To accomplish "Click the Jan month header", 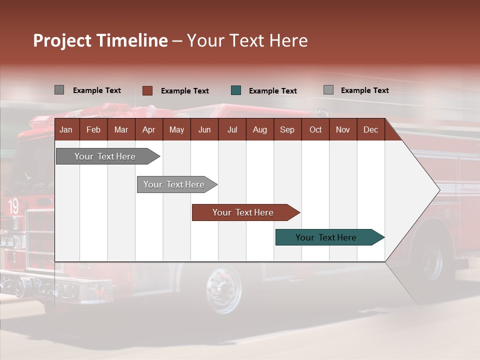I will (x=66, y=129).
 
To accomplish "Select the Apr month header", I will (x=149, y=129).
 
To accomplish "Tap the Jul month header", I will (x=232, y=129).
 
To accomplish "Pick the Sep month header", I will (x=287, y=129).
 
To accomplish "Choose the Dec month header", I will (x=370, y=129).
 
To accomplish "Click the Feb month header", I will (x=93, y=129).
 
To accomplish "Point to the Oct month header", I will (x=315, y=129).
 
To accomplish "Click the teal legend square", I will (x=236, y=90).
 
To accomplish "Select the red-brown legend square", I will (x=147, y=90).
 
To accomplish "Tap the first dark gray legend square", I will (x=59, y=90).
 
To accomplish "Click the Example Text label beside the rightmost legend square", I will (x=364, y=90).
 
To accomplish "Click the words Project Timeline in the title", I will (x=100, y=40).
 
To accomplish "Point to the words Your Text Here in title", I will (x=247, y=40).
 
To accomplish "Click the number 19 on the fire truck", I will (x=13, y=205).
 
